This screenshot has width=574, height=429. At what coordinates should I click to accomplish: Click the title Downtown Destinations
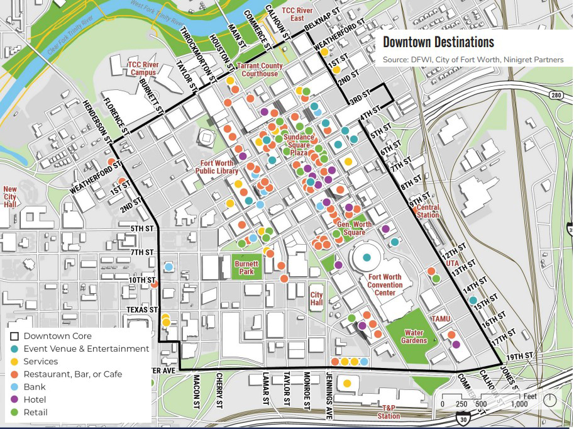click(438, 43)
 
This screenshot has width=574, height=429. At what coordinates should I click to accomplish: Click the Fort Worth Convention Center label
click(385, 285)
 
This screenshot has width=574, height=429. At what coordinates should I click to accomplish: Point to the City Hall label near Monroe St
click(316, 299)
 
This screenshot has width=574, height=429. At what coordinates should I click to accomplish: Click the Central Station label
click(428, 211)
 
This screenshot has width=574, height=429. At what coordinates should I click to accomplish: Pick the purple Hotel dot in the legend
click(15, 400)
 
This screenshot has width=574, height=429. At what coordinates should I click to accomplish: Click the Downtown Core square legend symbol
click(15, 336)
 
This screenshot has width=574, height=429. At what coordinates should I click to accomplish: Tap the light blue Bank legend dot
click(15, 387)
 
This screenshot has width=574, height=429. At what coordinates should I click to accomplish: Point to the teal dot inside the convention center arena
click(367, 257)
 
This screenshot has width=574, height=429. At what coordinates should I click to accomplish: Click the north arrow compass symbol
click(550, 399)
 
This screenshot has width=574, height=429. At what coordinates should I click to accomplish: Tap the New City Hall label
click(10, 196)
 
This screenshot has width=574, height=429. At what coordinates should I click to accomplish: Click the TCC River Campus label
click(141, 68)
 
